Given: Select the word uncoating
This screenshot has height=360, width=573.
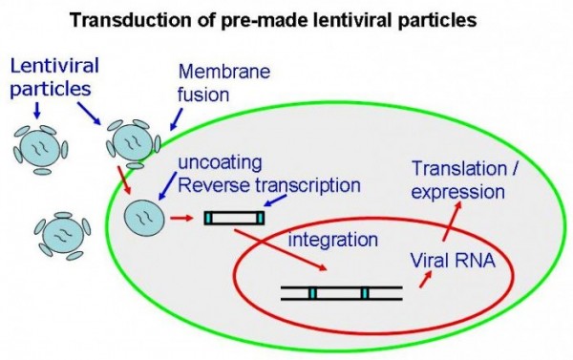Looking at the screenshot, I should click(202, 163).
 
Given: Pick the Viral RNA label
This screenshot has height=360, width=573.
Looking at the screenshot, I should click(456, 258).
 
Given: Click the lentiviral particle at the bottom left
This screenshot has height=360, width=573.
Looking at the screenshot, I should click(60, 234).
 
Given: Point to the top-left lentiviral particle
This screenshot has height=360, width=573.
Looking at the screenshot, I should click(41, 146).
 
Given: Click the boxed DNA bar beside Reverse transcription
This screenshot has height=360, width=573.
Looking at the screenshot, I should click(233, 219).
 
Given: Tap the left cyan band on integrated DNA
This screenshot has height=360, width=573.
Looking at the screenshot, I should click(311, 292).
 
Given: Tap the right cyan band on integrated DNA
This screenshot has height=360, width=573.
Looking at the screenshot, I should click(363, 292).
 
